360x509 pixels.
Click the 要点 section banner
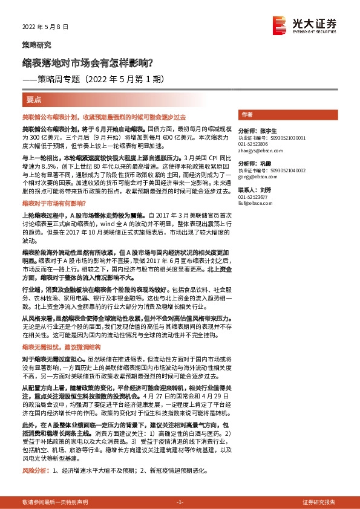pyautogui.click(x=34, y=99)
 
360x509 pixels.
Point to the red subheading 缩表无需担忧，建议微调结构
pyautogui.click(x=61, y=347)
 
